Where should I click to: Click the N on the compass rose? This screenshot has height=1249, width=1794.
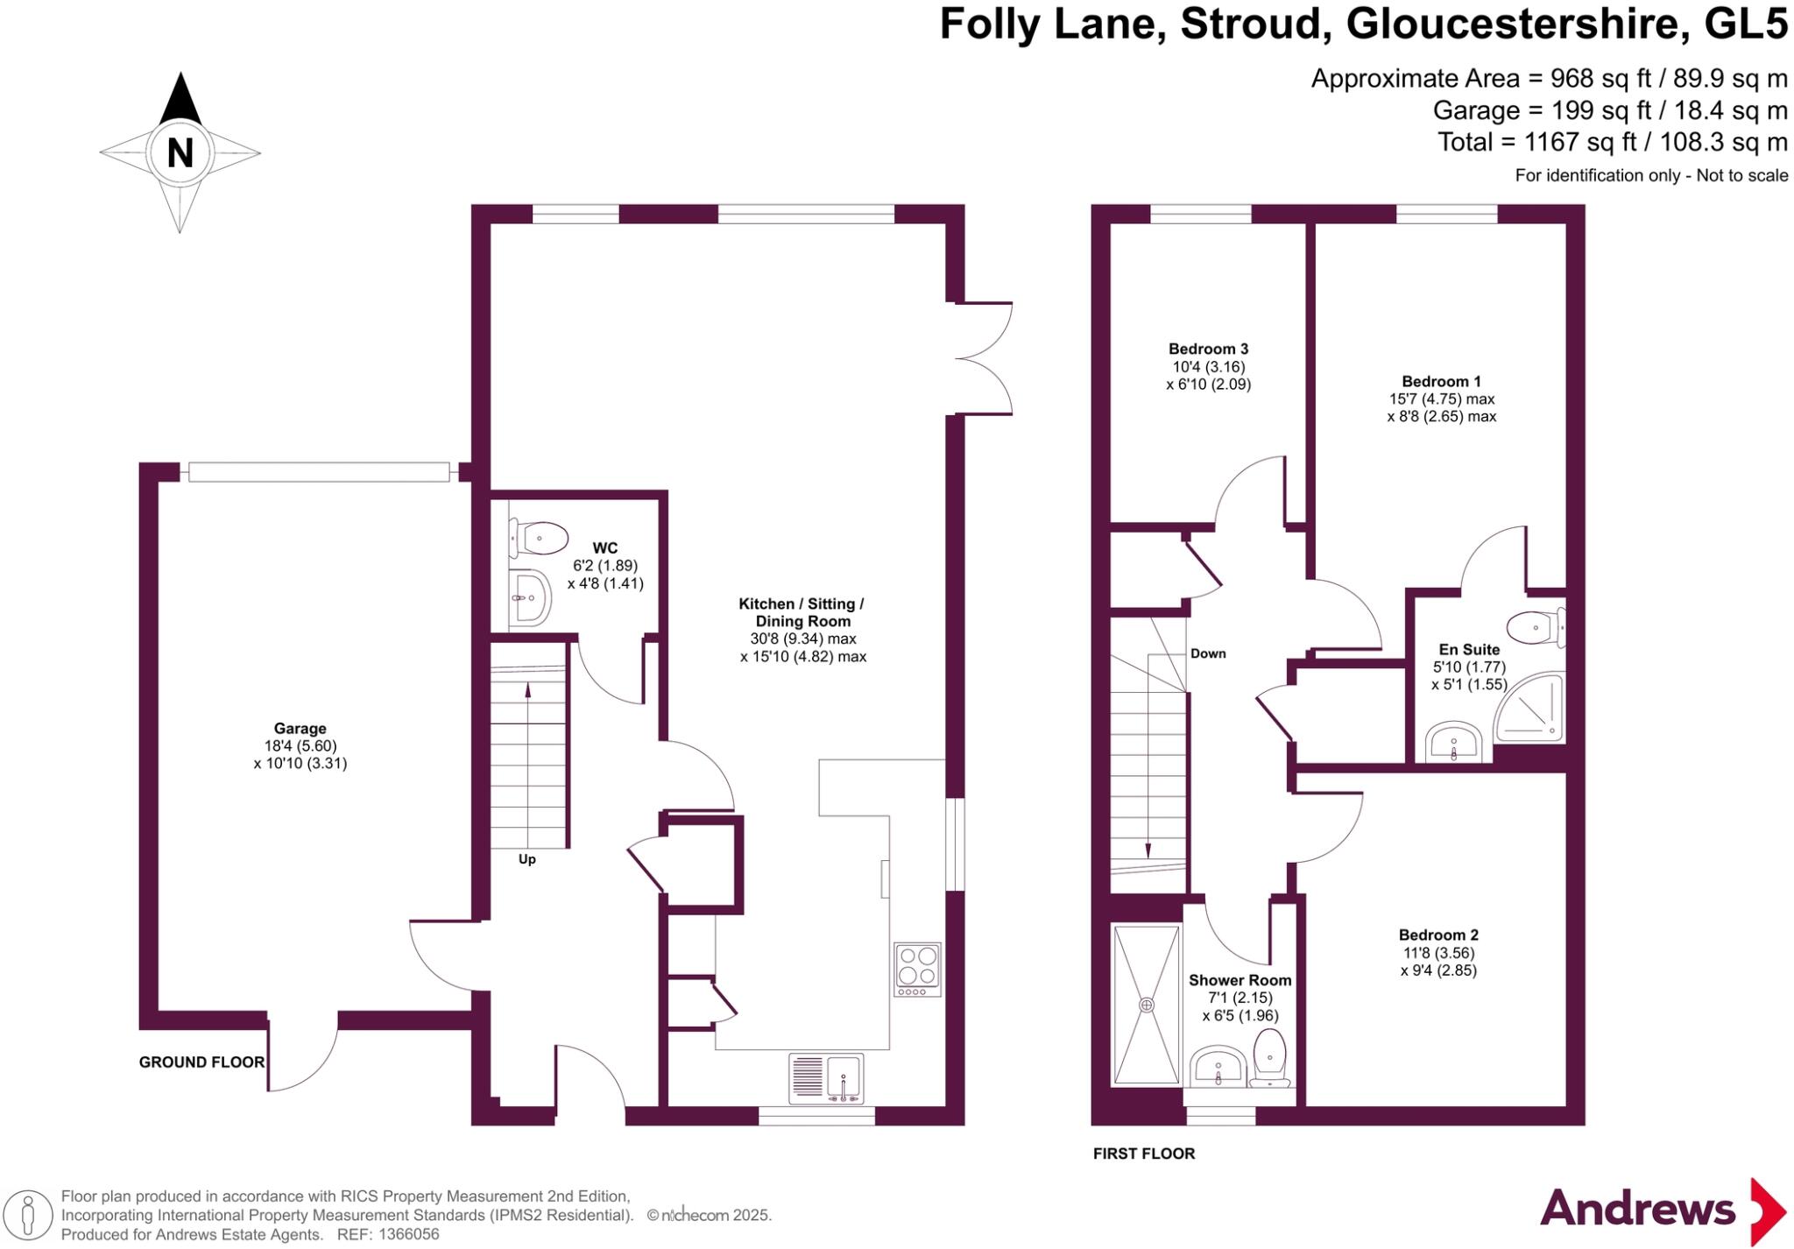point(180,153)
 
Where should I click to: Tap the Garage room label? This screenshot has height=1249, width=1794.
point(300,728)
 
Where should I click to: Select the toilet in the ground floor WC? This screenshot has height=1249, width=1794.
point(537,538)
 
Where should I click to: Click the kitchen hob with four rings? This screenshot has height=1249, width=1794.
point(917,969)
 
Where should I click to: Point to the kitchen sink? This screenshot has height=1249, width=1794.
point(826,1078)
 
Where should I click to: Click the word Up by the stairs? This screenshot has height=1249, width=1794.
point(526,859)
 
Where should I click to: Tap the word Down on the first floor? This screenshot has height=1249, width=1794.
point(1208,653)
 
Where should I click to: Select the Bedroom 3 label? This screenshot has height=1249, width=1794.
point(1208,349)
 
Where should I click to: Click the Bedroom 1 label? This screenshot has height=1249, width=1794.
point(1441,381)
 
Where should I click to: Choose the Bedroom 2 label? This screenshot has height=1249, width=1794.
point(1438,935)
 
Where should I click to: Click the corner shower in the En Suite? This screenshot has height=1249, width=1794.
point(1529,707)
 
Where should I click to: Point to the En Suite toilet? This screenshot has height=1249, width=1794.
point(1536,627)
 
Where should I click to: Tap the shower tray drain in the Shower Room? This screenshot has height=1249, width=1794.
point(1147,1005)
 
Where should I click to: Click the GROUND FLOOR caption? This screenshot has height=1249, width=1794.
point(201,1062)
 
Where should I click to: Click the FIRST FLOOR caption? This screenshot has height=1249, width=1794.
point(1144,1154)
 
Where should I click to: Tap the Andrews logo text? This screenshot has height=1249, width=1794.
point(1637,1210)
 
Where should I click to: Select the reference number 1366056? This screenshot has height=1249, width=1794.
point(408,1234)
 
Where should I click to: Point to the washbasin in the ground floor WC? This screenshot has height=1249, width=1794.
point(529,598)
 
